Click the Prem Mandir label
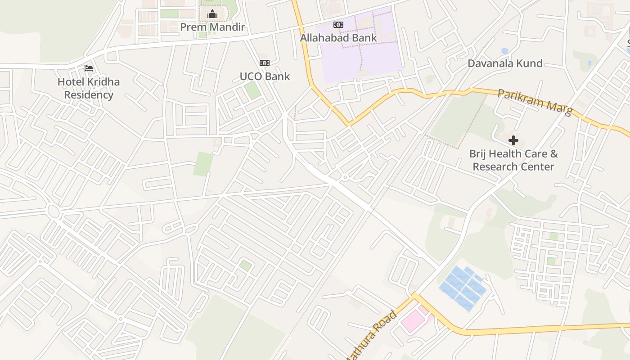click(212, 27)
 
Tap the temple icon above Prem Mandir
click(212, 14)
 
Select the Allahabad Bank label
click(338, 38)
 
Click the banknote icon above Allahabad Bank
click(338, 25)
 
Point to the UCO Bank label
click(265, 76)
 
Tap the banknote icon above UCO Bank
click(265, 63)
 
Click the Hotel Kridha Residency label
click(89, 88)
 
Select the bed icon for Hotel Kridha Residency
click(89, 68)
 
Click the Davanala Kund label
click(505, 63)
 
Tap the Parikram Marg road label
click(535, 102)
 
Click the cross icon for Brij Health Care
click(513, 141)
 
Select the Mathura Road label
click(372, 335)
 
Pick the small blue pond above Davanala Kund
click(505, 51)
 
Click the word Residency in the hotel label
click(89, 95)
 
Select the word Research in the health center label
click(494, 167)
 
